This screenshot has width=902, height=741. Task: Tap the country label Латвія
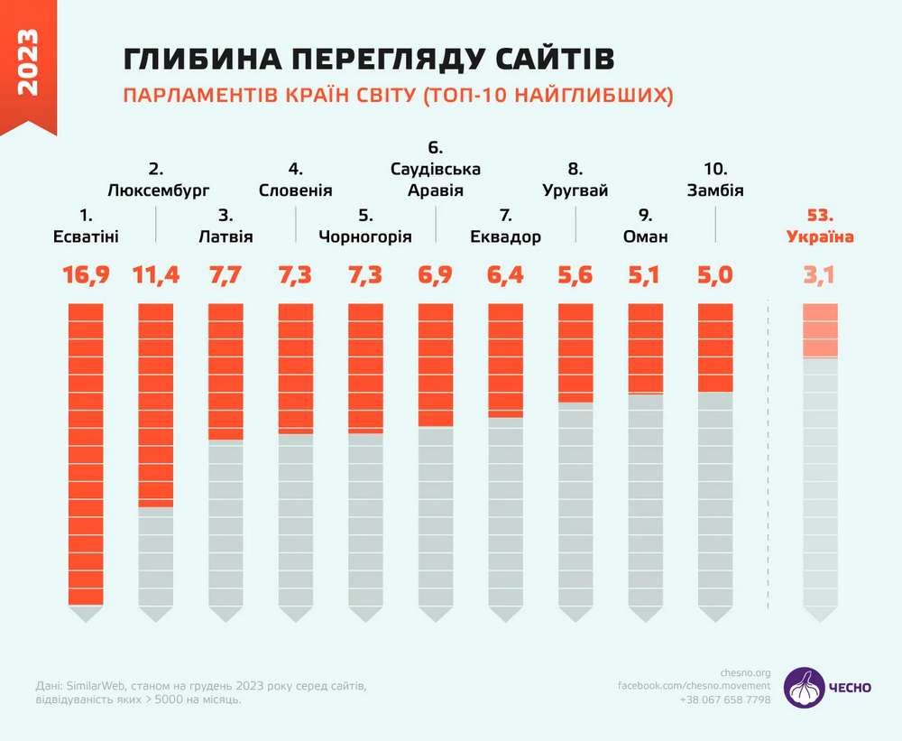point(225,237)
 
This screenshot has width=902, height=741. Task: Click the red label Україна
point(820,237)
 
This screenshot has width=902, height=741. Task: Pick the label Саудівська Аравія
point(436,180)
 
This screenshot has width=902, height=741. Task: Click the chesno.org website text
point(746,672)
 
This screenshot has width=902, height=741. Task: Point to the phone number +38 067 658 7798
point(725,699)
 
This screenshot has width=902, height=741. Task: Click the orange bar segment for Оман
point(645,348)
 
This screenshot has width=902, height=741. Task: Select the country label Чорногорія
point(365,237)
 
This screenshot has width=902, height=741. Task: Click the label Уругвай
point(575,190)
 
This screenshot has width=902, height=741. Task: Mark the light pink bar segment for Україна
point(820,330)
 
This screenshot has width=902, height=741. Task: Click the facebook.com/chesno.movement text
point(694,686)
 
